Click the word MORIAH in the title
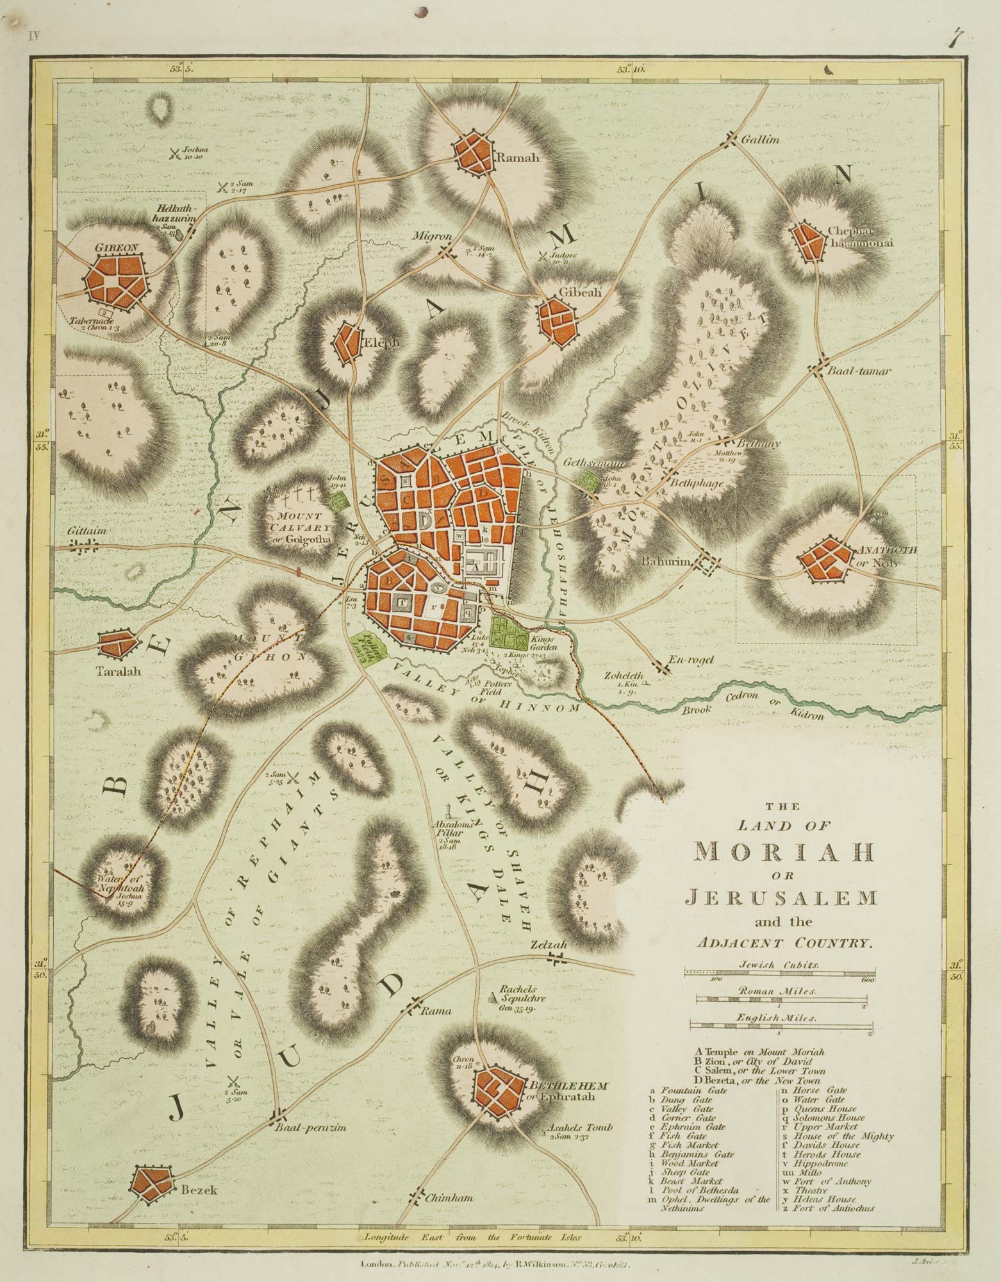tap(784, 851)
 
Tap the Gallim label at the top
tap(760, 139)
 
